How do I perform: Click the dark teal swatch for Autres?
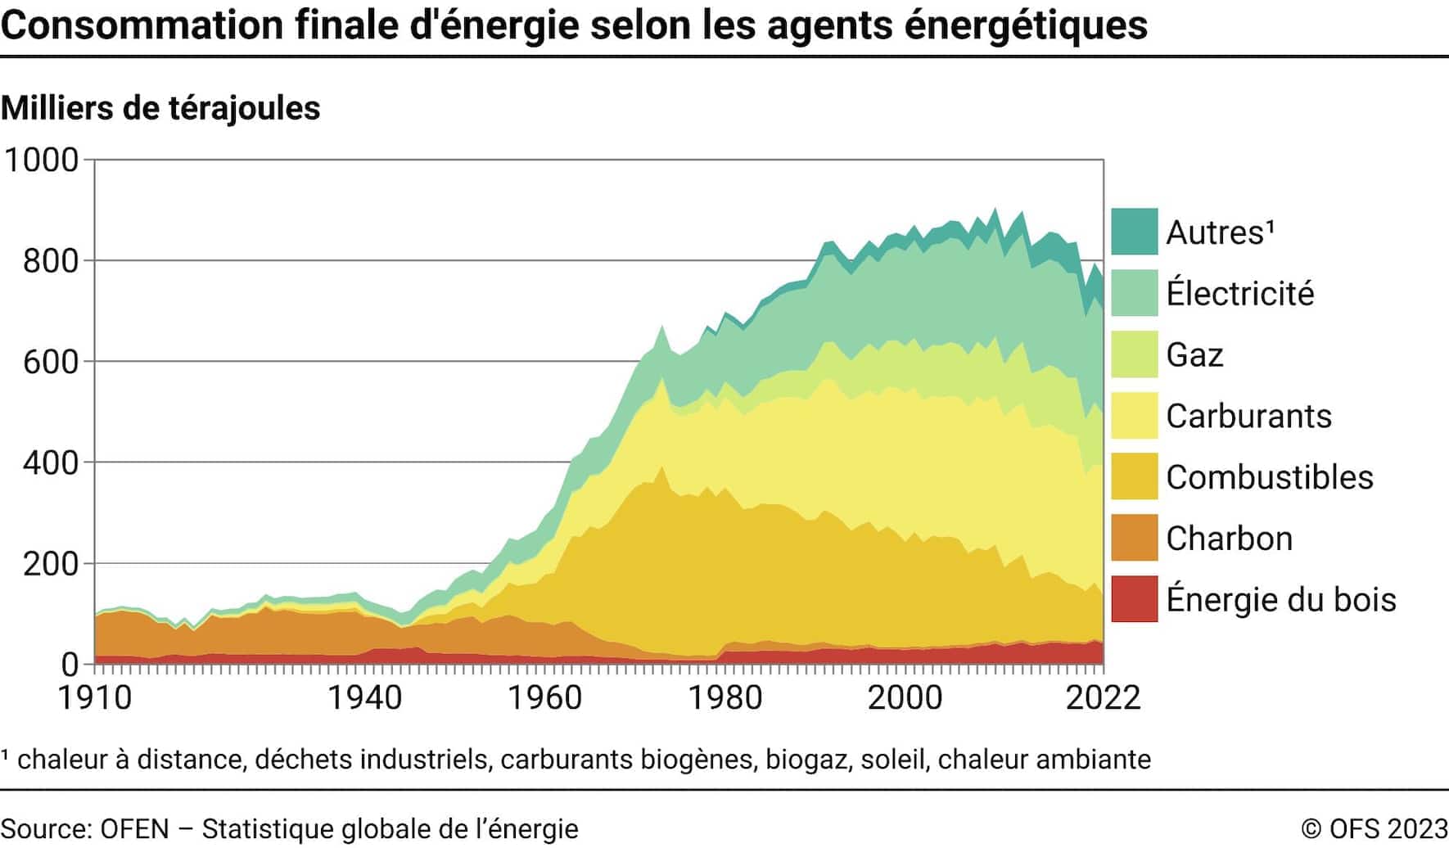point(1134,232)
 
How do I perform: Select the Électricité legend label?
point(1239,293)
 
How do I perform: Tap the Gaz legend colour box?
point(1134,354)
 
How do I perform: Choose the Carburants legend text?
point(1248,416)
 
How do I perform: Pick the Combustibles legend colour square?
point(1134,476)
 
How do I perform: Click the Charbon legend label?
point(1229,539)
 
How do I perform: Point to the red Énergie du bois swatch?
point(1134,599)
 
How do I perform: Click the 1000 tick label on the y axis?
point(42,160)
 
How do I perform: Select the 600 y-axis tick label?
point(51,362)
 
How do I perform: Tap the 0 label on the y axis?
point(70,665)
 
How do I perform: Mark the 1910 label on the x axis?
point(95,697)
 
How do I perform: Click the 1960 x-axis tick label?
point(544,697)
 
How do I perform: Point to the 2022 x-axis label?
point(1103,697)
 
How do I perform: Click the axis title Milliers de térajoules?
point(160,108)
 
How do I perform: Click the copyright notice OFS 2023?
point(1375,828)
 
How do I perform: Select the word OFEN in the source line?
point(134,828)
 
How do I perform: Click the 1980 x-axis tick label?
point(724,697)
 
